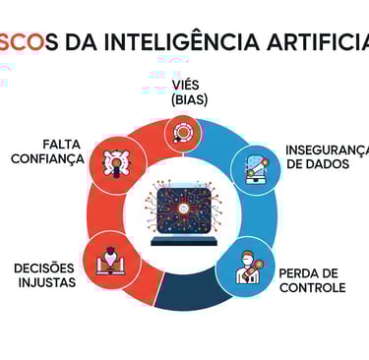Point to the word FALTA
[62, 143]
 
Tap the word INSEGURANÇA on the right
[328, 150]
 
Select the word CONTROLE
[312, 288]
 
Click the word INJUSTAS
[45, 283]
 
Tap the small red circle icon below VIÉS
[184, 130]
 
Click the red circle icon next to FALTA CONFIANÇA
[117, 164]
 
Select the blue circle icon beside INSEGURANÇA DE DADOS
[255, 169]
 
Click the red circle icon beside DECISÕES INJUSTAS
[110, 260]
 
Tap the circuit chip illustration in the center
[184, 203]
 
